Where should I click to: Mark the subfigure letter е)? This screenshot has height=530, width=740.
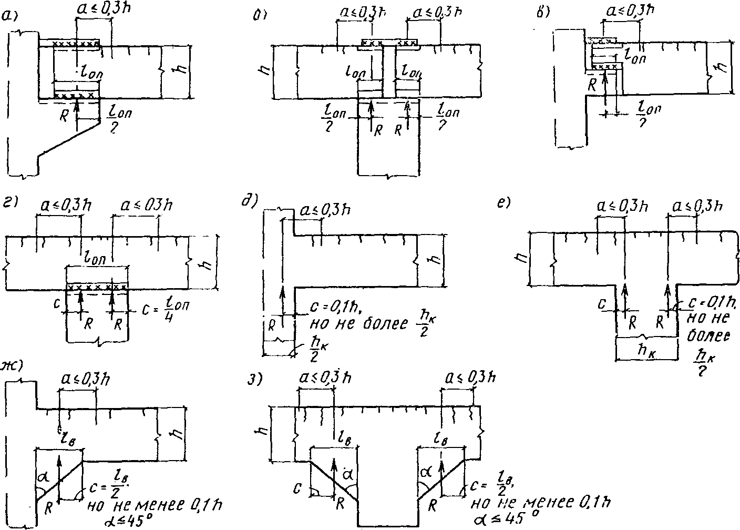tap(503, 202)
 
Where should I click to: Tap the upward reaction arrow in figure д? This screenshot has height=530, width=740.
tap(282, 302)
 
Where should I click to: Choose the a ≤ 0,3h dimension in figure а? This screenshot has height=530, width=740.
tap(98, 12)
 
